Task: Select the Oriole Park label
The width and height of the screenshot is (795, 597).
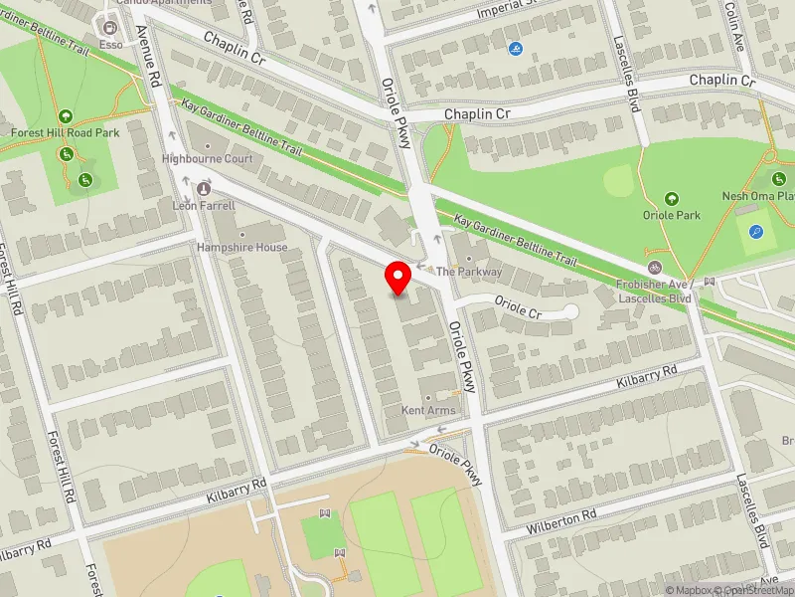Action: click(x=672, y=215)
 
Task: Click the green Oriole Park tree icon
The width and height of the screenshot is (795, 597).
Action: click(x=672, y=199)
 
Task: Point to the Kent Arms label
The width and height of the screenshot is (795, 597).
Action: click(x=427, y=410)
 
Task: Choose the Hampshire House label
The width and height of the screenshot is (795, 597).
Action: click(x=241, y=247)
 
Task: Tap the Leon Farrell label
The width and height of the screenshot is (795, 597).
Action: click(x=205, y=205)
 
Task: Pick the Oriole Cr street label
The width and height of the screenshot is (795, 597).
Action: click(x=518, y=312)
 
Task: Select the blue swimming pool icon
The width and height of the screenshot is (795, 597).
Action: click(x=515, y=50)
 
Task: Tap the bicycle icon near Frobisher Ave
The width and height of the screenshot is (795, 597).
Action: click(x=654, y=268)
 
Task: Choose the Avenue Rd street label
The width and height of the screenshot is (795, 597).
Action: click(x=154, y=59)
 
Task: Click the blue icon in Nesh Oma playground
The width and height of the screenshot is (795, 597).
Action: click(x=758, y=233)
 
